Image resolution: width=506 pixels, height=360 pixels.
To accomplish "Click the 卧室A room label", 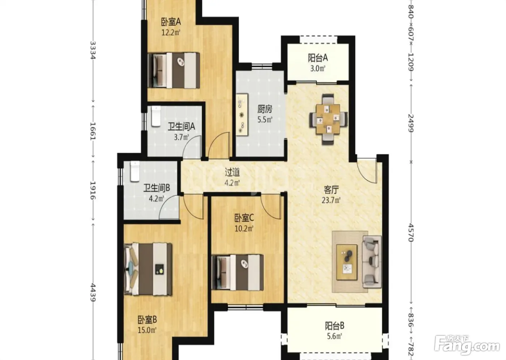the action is pos(171,22).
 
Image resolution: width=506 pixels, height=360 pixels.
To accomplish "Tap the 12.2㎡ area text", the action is pos(171,33).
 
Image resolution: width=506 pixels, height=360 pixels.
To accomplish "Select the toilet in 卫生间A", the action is pos(156,116).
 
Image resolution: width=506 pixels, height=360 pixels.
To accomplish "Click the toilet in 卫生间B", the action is pos(135,171).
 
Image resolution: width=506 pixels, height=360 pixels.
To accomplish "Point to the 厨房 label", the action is pos(265,109).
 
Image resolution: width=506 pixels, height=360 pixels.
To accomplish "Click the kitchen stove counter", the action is pos(242,115).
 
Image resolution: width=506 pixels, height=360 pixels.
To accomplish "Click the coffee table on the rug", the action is pos(347,262).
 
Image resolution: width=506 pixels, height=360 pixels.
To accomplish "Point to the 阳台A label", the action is pos(318,58).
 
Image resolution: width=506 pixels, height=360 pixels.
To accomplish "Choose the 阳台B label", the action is pos(335,326).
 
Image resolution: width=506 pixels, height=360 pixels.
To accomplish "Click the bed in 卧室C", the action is pos(238,273).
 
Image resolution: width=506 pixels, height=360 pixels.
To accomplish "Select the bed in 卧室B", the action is pos(148,269).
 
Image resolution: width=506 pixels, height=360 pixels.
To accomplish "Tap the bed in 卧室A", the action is pos(174,70).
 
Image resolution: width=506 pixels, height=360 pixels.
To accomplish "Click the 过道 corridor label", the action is pos(232,172).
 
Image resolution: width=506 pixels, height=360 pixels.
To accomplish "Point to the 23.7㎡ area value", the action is pos(331,200).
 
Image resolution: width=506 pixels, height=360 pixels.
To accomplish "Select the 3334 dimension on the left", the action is pos(93,50).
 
